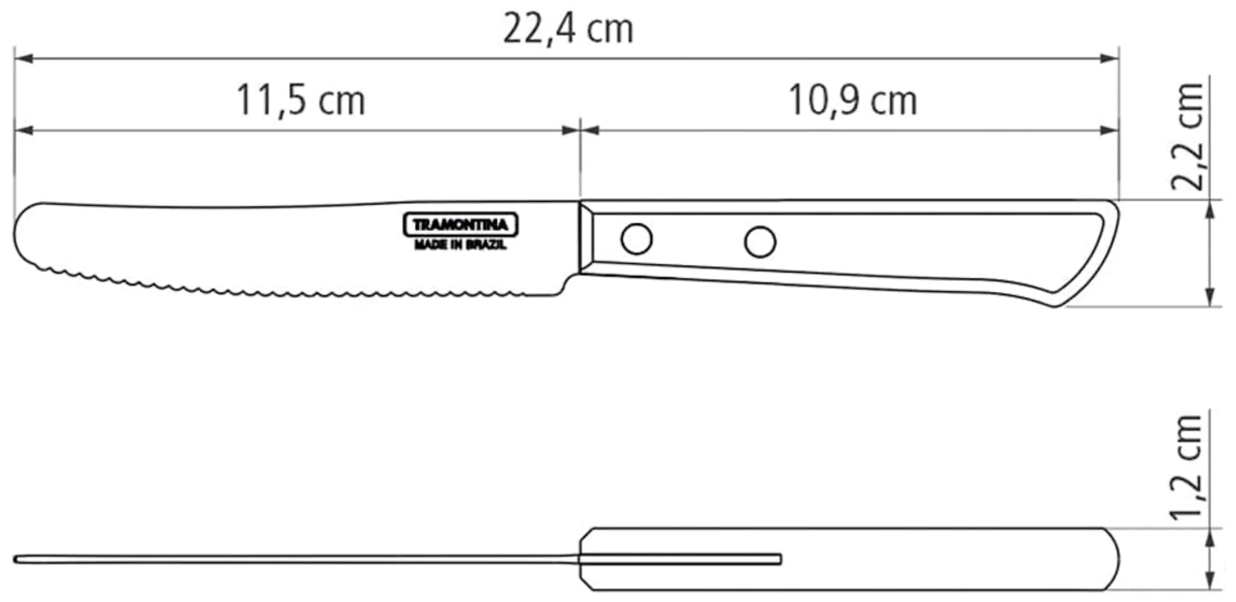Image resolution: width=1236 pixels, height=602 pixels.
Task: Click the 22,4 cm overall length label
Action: pos(568,30)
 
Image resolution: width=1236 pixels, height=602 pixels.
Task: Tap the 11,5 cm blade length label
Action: pos(301,101)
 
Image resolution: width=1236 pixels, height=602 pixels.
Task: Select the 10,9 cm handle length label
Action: pos(853,101)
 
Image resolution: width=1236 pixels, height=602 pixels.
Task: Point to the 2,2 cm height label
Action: pos(1187,137)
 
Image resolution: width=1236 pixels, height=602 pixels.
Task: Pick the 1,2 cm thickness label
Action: pos(1187,468)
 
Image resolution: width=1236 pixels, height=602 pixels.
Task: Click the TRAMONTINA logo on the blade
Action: pos(460,225)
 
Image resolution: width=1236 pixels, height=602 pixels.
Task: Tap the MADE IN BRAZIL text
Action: pos(460,245)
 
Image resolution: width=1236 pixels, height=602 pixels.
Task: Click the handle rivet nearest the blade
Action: pos(636,238)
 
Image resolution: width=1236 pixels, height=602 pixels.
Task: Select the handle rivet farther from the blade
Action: pos(760,241)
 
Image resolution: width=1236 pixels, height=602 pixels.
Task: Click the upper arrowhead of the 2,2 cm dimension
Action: pos(1210,209)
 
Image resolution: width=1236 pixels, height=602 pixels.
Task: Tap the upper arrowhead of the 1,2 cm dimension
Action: pos(1210,538)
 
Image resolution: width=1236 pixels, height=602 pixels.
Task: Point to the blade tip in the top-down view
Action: pos(17,560)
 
